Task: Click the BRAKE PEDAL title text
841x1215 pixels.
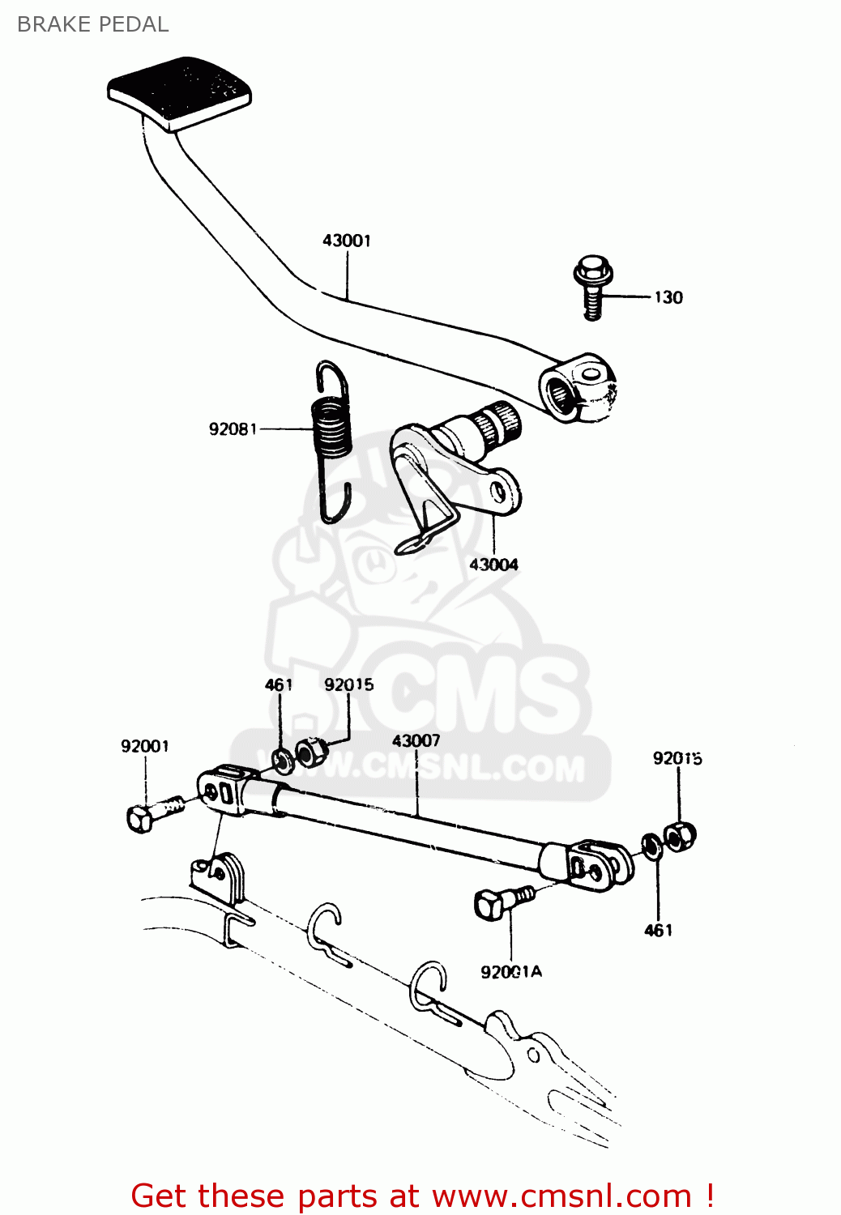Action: (92, 24)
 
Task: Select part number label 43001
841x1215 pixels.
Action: (347, 241)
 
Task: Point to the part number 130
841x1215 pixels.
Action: (668, 297)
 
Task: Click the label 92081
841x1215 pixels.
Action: (233, 428)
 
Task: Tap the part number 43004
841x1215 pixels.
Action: (493, 565)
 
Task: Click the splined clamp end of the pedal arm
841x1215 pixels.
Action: (577, 386)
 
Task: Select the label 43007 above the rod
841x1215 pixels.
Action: (416, 740)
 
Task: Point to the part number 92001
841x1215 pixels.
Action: (145, 746)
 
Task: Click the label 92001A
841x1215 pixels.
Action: (511, 972)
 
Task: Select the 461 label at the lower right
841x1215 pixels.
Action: (658, 931)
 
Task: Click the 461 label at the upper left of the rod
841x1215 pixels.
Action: (279, 684)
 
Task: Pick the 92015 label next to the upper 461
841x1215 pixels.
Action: (349, 684)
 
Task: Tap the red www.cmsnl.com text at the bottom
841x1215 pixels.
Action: (561, 1196)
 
